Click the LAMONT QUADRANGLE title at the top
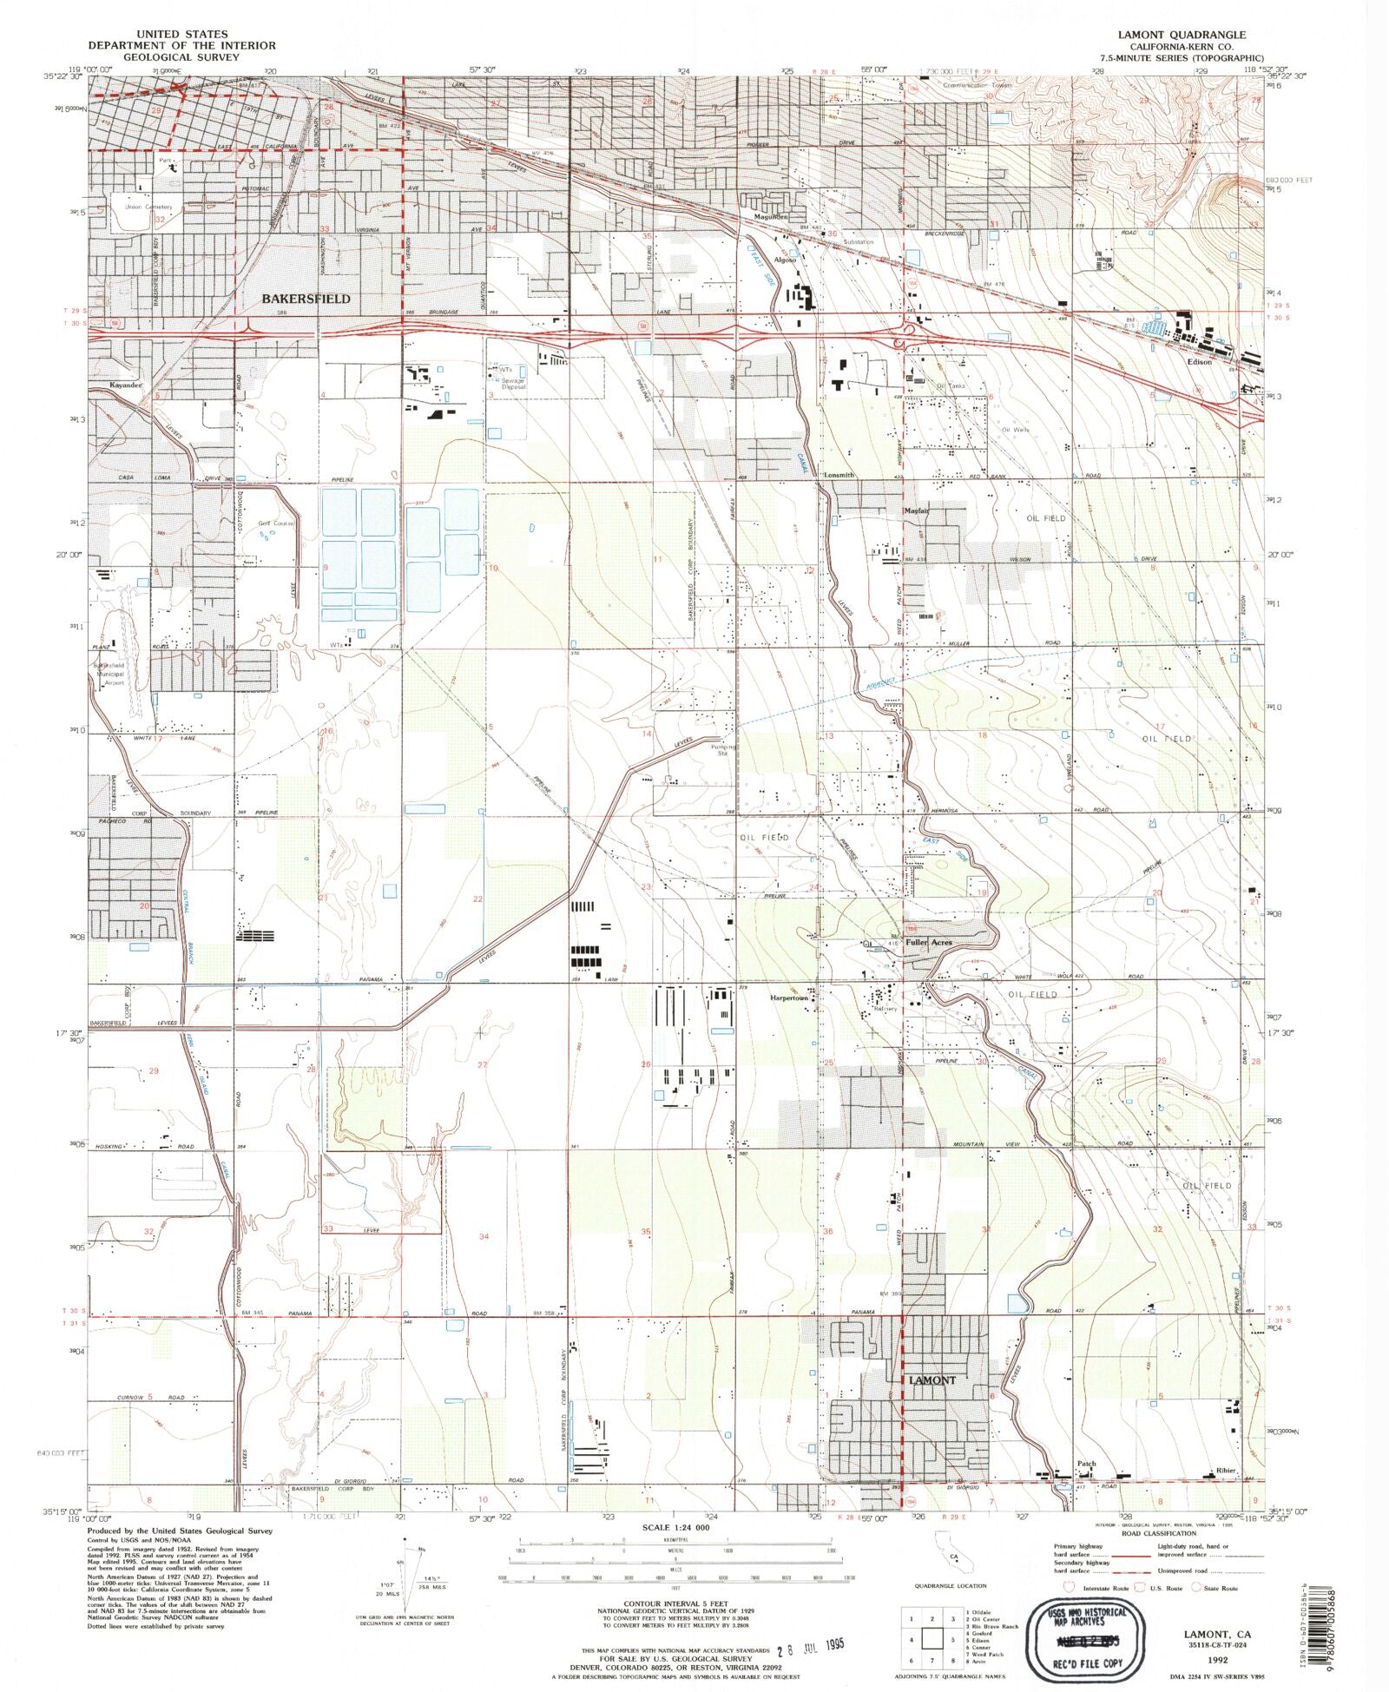pyautogui.click(x=1182, y=34)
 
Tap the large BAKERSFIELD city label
pyautogui.click(x=306, y=299)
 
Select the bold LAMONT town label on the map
pyautogui.click(x=932, y=1379)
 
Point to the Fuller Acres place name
pyautogui.click(x=929, y=942)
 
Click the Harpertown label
pyautogui.click(x=789, y=997)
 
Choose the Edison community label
pyautogui.click(x=1199, y=361)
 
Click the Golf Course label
pyautogui.click(x=276, y=523)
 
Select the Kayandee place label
pyautogui.click(x=125, y=384)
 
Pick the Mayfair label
pyautogui.click(x=917, y=510)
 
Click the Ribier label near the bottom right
pyautogui.click(x=1225, y=1471)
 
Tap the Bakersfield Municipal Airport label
pyautogui.click(x=110, y=674)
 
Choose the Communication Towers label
pyautogui.click(x=978, y=86)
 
